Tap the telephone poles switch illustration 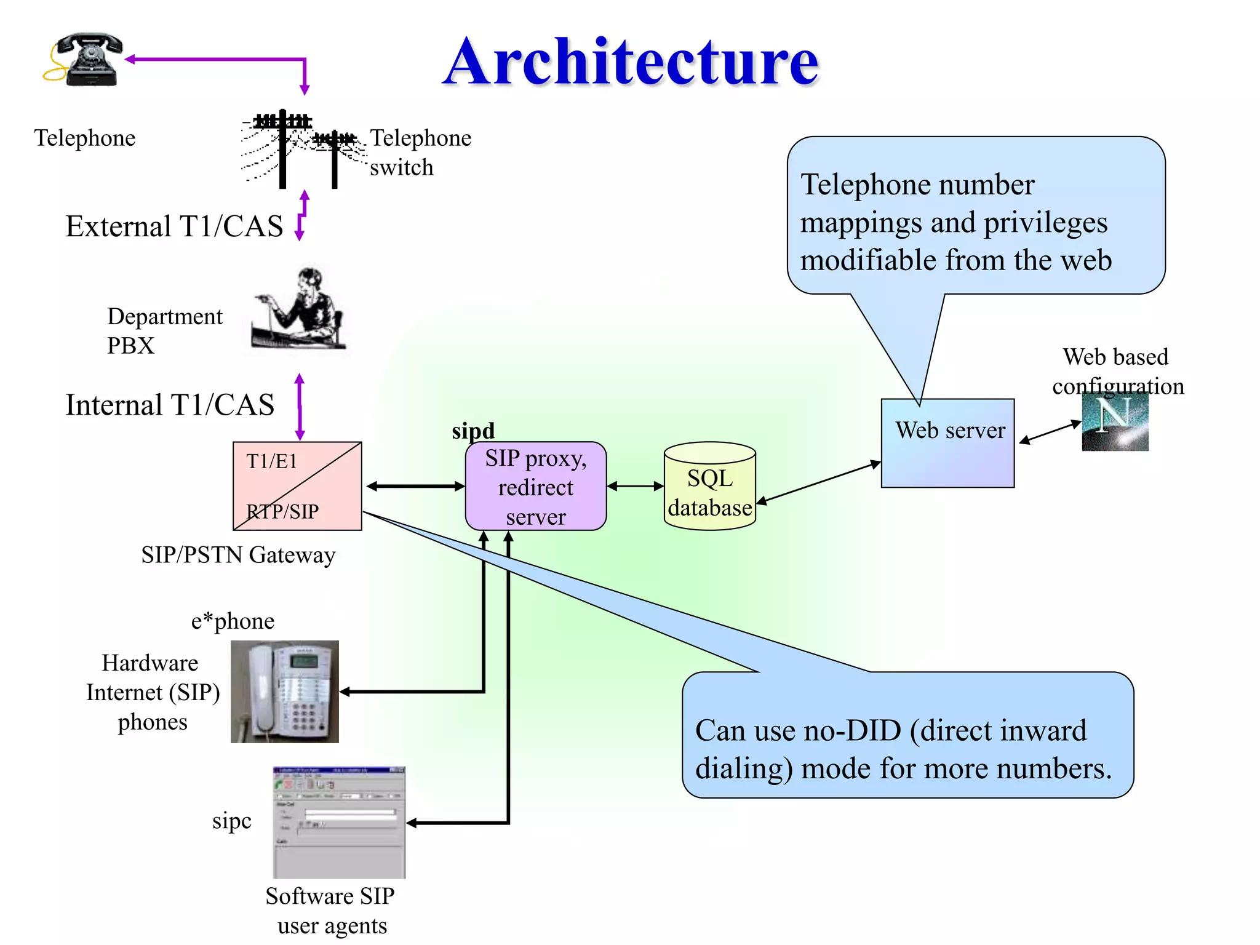click(x=298, y=149)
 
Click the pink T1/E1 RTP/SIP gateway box click(x=297, y=486)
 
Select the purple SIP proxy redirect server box click(x=536, y=486)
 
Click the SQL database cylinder click(x=710, y=486)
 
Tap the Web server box click(x=947, y=443)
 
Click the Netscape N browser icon click(x=1115, y=422)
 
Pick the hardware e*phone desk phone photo click(x=284, y=692)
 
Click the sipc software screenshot click(x=339, y=822)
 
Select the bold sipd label click(x=473, y=431)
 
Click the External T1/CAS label click(x=174, y=226)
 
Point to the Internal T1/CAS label click(x=170, y=405)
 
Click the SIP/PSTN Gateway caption click(x=238, y=555)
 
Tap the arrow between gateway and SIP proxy click(x=415, y=486)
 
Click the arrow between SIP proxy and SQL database click(x=635, y=486)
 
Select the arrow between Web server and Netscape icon click(x=1050, y=432)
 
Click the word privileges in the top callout click(x=1045, y=223)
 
